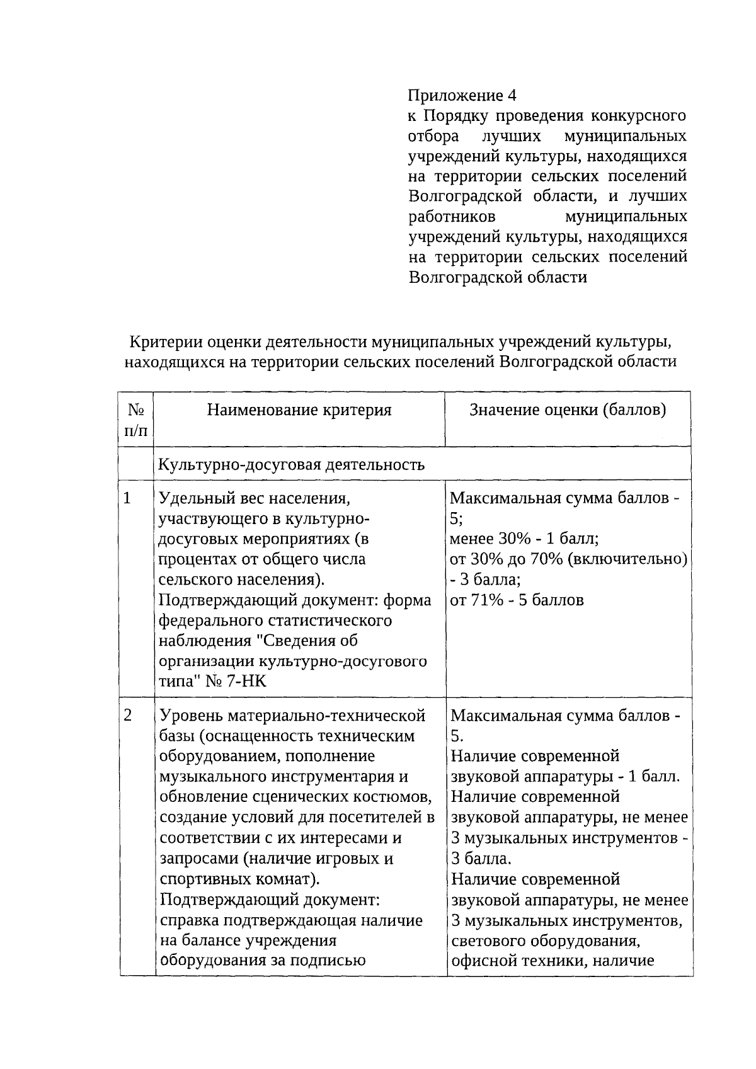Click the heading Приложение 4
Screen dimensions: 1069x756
point(462,95)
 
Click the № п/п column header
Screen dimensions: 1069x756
point(136,420)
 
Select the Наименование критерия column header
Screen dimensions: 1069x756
point(299,410)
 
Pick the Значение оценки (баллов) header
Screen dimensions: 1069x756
point(568,410)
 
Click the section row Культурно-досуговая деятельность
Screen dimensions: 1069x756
point(291,464)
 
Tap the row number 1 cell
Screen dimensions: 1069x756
point(127,498)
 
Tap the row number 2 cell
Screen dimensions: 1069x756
point(128,715)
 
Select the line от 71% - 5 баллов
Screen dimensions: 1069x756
point(517,600)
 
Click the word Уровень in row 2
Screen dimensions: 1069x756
point(191,716)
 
